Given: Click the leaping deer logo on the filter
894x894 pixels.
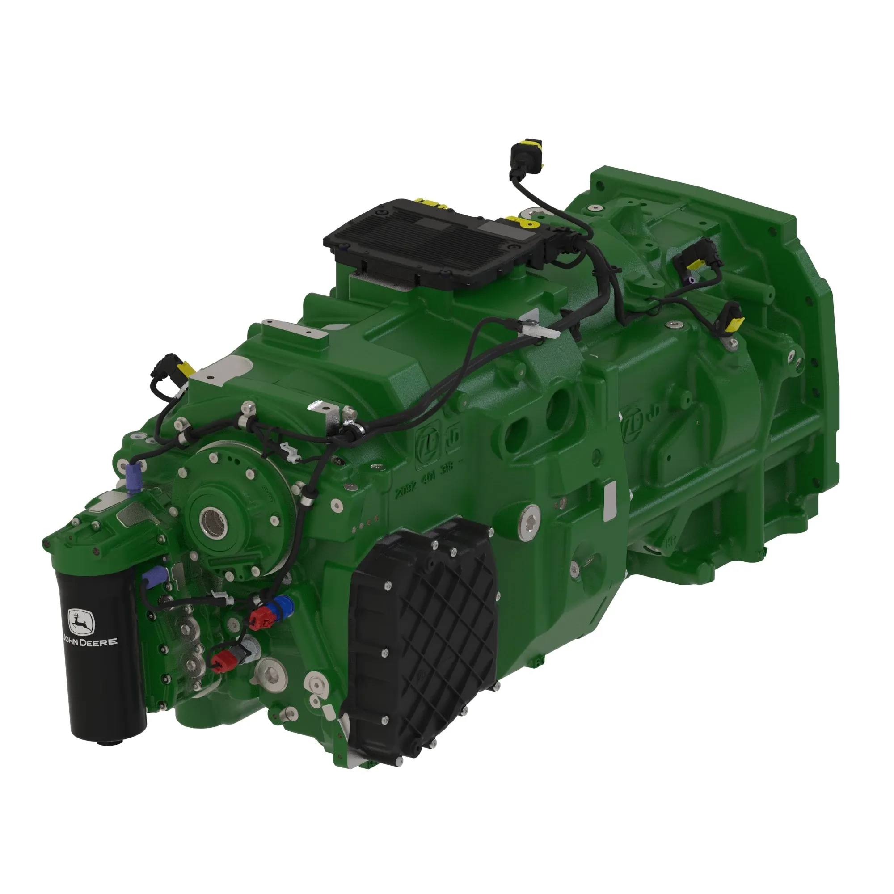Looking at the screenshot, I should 81,621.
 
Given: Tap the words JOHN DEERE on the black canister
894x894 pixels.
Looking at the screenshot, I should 90,642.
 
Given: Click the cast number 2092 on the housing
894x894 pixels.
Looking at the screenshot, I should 406,490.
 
